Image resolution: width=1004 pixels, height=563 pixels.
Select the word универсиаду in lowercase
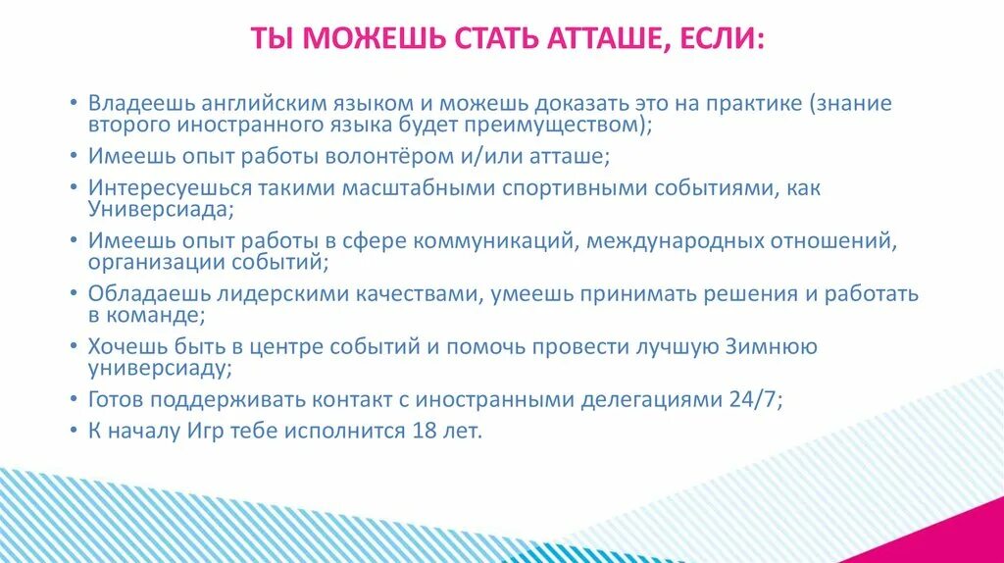coord(160,370)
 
